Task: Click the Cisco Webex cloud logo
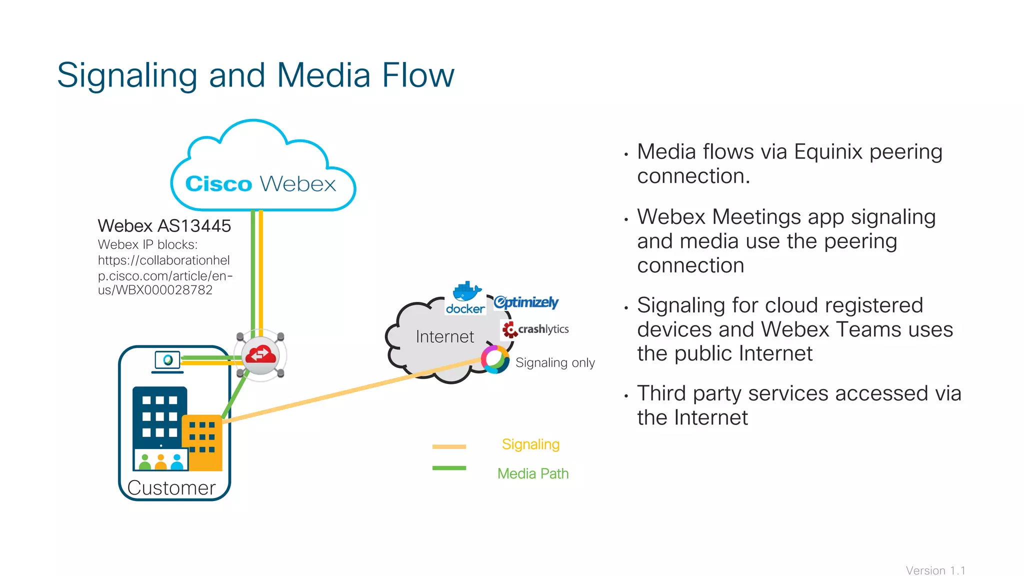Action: coord(261,183)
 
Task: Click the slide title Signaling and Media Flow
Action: coord(255,75)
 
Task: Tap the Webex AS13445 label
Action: coord(164,226)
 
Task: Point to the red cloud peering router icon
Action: coord(260,355)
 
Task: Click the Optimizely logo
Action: coord(526,302)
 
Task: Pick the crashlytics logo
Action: coord(535,329)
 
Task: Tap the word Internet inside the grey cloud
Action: coord(444,336)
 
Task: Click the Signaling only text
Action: coord(555,362)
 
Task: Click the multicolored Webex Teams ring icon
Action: coord(495,359)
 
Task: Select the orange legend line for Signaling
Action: coord(449,446)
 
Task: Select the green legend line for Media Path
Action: coord(449,468)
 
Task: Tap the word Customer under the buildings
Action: coord(171,487)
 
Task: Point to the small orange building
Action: coord(202,442)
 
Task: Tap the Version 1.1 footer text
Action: coord(935,570)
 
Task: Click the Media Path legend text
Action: coord(533,473)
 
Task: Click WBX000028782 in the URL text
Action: coord(164,290)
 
